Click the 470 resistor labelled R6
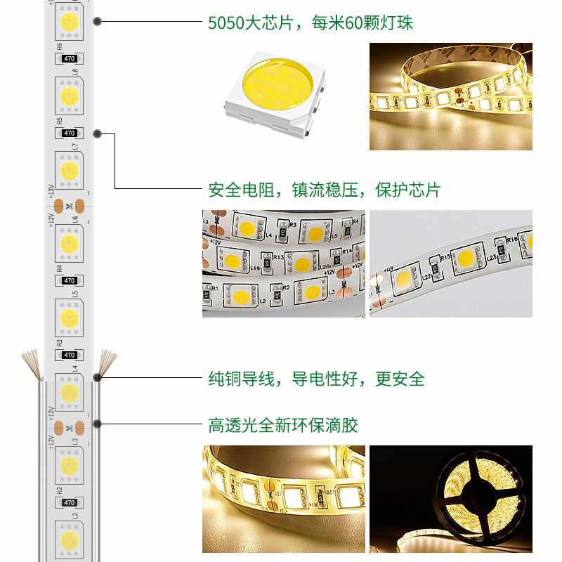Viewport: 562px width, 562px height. pyautogui.click(x=69, y=59)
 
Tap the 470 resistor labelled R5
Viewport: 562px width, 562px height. pyautogui.click(x=69, y=133)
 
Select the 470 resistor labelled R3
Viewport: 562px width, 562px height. pyautogui.click(x=69, y=355)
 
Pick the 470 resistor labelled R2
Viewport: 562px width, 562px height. pyautogui.click(x=69, y=502)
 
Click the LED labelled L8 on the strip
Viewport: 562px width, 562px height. pyautogui.click(x=69, y=96)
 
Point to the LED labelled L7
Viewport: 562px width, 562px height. pyautogui.click(x=69, y=170)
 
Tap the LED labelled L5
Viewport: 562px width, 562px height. pyautogui.click(x=69, y=318)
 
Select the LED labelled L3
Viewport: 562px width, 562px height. pyautogui.click(x=69, y=465)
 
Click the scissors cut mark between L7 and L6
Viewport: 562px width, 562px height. pyautogui.click(x=69, y=207)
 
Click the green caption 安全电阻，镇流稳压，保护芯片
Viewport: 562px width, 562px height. pyautogui.click(x=324, y=190)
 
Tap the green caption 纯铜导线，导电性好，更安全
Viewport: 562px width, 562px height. pyautogui.click(x=316, y=379)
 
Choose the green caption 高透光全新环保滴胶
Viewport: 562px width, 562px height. pyautogui.click(x=283, y=425)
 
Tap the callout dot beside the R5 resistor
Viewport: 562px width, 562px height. pyautogui.click(x=97, y=133)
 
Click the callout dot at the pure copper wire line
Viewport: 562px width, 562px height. pyautogui.click(x=97, y=377)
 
